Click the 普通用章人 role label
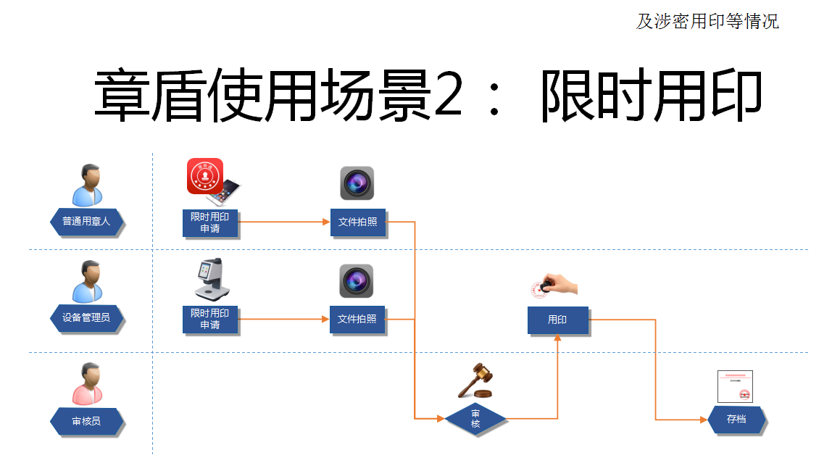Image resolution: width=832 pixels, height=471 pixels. pyautogui.click(x=86, y=221)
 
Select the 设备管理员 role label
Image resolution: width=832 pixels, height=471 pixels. pyautogui.click(x=86, y=317)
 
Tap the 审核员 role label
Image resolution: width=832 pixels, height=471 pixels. pyautogui.click(x=86, y=421)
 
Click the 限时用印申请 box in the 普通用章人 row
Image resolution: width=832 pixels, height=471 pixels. pyautogui.click(x=210, y=222)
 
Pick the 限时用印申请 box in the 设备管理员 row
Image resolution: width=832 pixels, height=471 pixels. pyautogui.click(x=210, y=319)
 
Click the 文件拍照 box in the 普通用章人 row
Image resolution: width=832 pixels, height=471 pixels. pyautogui.click(x=357, y=222)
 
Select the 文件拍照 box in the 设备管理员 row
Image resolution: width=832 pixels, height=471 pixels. pyautogui.click(x=357, y=319)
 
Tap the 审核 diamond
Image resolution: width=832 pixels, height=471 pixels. pyautogui.click(x=475, y=419)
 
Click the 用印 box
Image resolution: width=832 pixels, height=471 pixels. pyautogui.click(x=557, y=320)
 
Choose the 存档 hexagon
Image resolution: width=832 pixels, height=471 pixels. pyautogui.click(x=736, y=419)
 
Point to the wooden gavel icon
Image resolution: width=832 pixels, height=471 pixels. pyautogui.click(x=475, y=380)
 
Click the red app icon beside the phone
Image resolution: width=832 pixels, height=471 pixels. pyautogui.click(x=204, y=175)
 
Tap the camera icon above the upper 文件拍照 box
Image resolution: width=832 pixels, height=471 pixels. pyautogui.click(x=357, y=183)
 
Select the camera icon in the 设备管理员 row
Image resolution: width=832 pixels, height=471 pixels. pyautogui.click(x=357, y=280)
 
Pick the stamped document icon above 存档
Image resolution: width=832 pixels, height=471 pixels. pyautogui.click(x=735, y=386)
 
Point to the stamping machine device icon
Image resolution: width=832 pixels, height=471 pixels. pyautogui.click(x=211, y=279)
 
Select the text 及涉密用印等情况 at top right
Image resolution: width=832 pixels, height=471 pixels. pyautogui.click(x=707, y=22)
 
